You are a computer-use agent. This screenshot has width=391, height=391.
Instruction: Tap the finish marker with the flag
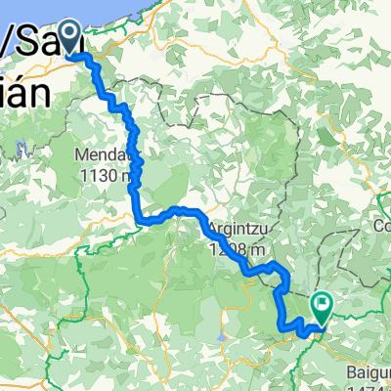point(322,307)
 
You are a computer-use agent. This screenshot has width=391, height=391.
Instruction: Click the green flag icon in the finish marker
point(322,305)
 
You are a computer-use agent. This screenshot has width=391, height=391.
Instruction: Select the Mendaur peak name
point(105,155)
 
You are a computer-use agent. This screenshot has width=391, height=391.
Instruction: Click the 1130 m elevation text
point(106,176)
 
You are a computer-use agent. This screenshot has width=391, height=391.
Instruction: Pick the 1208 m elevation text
point(235,248)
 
